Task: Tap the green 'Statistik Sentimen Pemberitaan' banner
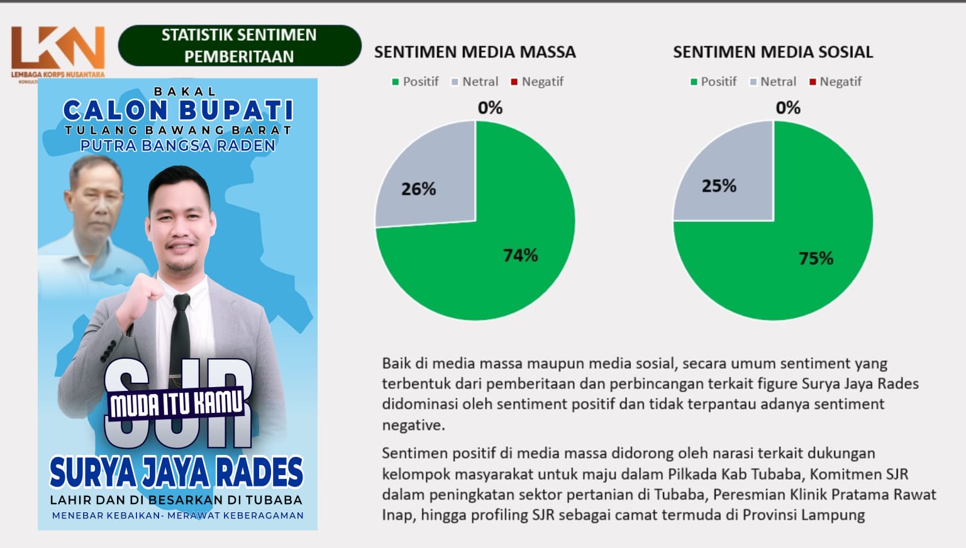click(x=240, y=46)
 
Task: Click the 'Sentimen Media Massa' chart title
click(x=475, y=52)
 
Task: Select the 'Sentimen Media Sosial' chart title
click(x=773, y=52)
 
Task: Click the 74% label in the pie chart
click(x=521, y=256)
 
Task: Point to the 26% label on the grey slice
click(x=418, y=189)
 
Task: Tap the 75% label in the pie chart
click(x=816, y=258)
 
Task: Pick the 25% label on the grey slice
click(x=719, y=186)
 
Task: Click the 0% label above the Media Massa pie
click(x=490, y=107)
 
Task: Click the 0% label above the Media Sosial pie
click(x=788, y=107)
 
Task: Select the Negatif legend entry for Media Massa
click(x=537, y=82)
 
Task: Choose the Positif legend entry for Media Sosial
click(x=713, y=82)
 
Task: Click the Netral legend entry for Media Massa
click(x=474, y=82)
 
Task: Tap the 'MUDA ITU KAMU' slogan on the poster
click(x=176, y=403)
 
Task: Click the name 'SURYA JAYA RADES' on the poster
click(x=176, y=473)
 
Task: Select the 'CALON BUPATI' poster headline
click(x=178, y=110)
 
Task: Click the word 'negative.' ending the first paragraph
click(x=413, y=425)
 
